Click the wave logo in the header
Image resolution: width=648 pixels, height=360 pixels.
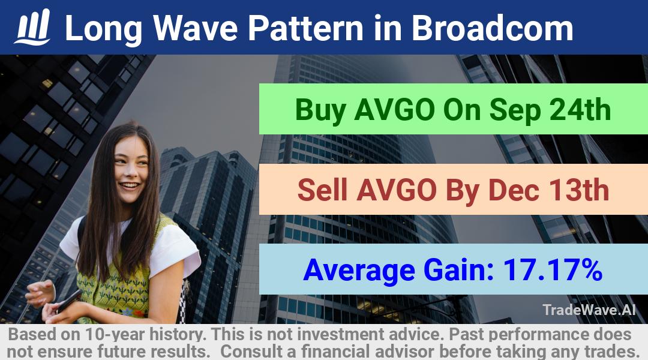pos(32,27)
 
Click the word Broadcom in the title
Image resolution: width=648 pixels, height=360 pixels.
pos(492,28)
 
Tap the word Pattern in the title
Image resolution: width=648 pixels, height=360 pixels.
pos(305,28)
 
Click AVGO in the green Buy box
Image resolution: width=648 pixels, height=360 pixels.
pos(394,110)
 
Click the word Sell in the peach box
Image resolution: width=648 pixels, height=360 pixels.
pos(322,190)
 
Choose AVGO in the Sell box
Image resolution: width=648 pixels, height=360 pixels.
pos(397,190)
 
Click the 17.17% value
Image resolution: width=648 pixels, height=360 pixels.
pos(552,269)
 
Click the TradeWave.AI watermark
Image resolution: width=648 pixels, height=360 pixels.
pos(589,310)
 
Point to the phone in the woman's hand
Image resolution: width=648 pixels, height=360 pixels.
pos(69,301)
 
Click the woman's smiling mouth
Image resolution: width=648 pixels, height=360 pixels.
pos(130,186)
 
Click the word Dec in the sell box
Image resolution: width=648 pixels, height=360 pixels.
pos(514,190)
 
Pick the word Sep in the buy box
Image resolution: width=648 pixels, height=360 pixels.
pos(515,110)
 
